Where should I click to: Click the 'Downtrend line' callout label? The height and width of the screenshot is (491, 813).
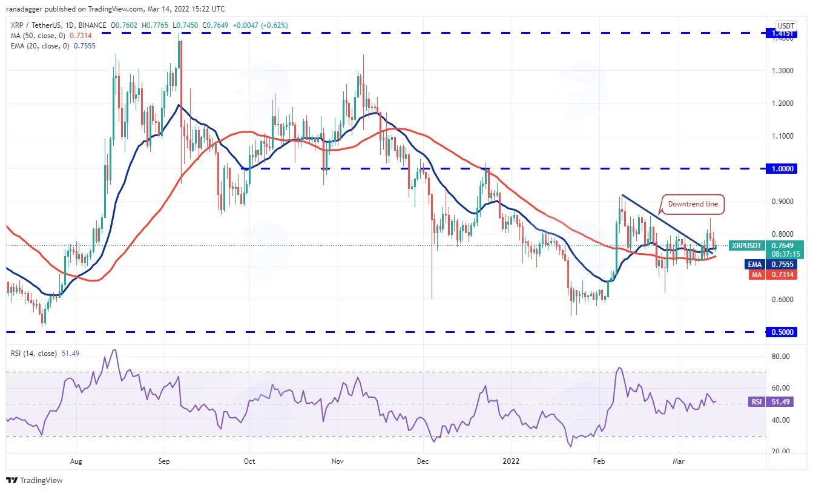coord(693,204)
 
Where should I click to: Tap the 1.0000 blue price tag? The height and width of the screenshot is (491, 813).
coord(782,169)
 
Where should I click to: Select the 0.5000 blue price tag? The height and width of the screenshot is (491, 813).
coord(782,332)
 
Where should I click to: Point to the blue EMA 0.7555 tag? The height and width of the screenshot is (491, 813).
coord(771,264)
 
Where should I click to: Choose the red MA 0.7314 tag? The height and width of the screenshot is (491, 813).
coord(773,275)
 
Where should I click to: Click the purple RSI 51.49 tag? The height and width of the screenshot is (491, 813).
coord(771,402)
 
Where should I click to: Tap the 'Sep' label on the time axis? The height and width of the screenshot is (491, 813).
coord(164,461)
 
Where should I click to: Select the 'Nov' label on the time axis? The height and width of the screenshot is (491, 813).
coord(338,461)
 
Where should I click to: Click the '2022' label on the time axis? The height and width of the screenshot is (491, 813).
coord(511,461)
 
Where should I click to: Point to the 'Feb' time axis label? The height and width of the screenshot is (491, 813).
coord(599,461)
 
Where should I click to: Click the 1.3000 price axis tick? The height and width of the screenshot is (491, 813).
coord(783,71)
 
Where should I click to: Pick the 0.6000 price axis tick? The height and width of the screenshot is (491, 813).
coord(783,300)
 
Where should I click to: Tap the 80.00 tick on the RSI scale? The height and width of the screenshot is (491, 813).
coord(781,357)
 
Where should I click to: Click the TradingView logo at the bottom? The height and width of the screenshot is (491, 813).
coord(35,480)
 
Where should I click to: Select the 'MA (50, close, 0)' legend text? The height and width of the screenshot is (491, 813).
coord(38,36)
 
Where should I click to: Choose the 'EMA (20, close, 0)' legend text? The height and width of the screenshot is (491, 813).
coord(40,46)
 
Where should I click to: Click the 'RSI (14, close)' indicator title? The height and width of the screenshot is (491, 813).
coord(34,354)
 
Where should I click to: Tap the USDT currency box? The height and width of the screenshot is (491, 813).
coord(786,26)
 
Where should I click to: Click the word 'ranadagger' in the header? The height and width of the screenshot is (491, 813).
coord(24,9)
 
